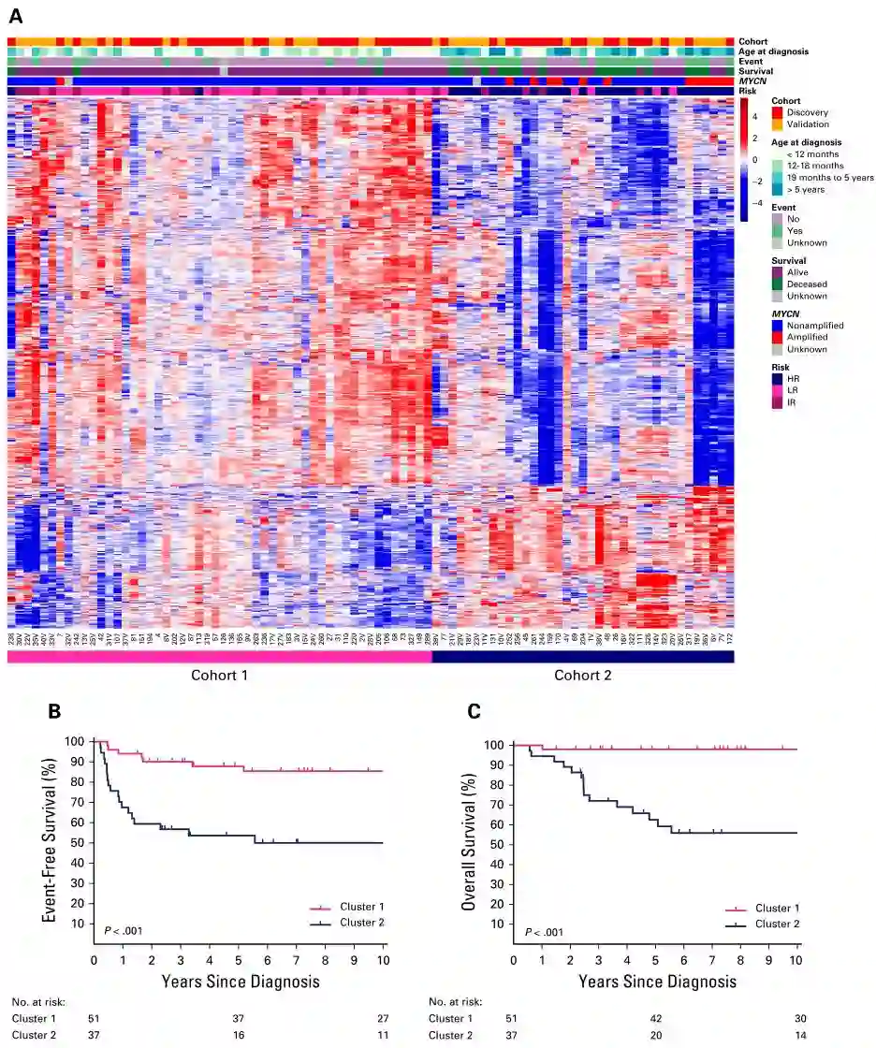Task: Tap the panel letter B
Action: [x=56, y=712]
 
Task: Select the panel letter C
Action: [x=474, y=712]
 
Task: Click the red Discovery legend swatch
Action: [x=777, y=112]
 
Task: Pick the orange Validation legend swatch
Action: [x=777, y=124]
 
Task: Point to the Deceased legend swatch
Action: [x=777, y=284]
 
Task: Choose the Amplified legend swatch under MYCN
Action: [x=777, y=337]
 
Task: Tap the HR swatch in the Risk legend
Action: [x=777, y=377]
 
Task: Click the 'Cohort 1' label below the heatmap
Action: [x=220, y=676]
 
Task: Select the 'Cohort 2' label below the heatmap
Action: [x=582, y=676]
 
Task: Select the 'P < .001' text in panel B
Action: [x=124, y=930]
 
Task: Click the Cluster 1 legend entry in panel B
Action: [x=344, y=907]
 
